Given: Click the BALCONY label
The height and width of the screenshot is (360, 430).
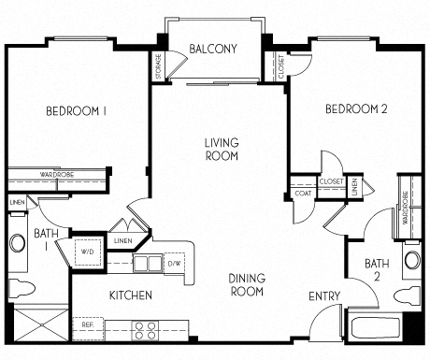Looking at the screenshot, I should click(x=212, y=49).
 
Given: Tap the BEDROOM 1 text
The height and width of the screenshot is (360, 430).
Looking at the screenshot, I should click(x=75, y=111).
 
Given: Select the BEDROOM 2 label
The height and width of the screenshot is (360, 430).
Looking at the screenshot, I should click(x=355, y=109).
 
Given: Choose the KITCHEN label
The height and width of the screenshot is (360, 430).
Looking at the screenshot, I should click(x=131, y=295).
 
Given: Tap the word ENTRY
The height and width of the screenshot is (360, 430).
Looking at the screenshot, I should click(x=325, y=296).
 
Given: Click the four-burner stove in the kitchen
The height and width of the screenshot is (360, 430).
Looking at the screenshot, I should click(x=145, y=330).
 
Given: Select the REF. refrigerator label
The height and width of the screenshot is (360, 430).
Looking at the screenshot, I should click(x=87, y=326).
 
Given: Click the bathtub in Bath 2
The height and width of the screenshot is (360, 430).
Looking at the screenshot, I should click(x=374, y=330).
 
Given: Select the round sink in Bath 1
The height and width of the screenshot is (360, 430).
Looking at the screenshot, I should click(x=18, y=245).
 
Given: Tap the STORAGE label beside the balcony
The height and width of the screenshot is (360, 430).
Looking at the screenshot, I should click(x=158, y=66).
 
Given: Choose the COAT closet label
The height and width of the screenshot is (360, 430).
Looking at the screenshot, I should click(x=303, y=194).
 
